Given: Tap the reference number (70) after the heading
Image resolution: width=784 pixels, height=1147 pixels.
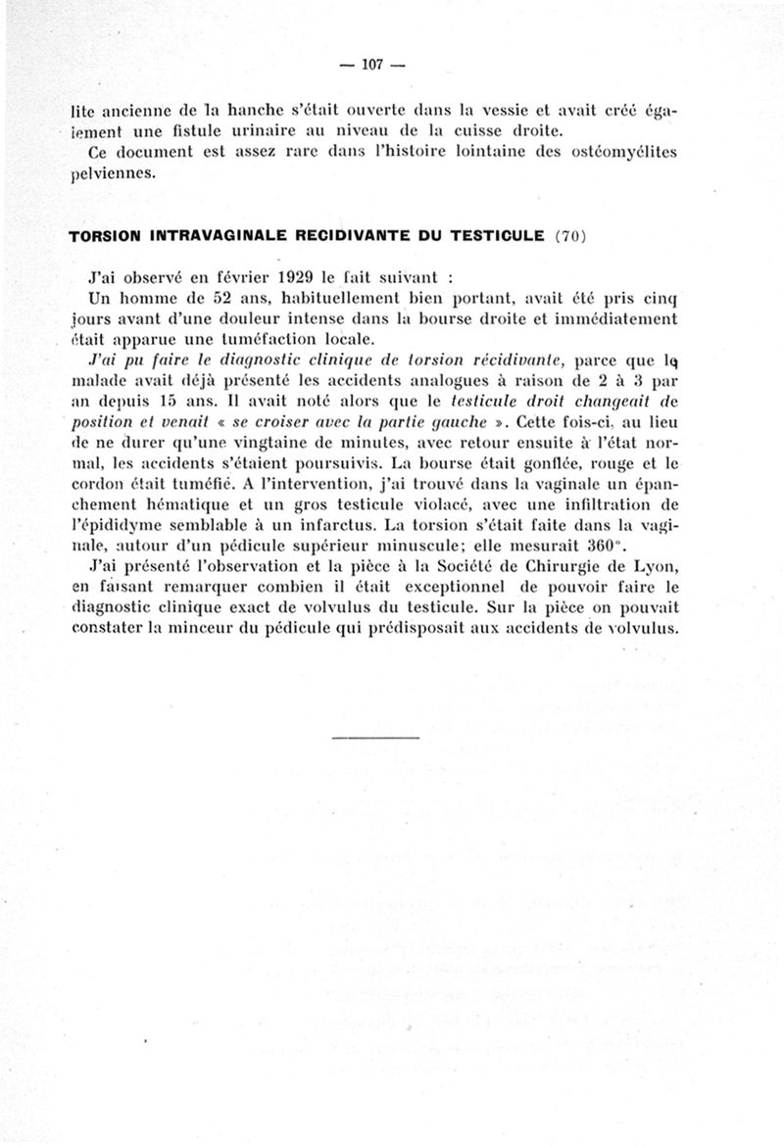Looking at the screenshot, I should [x=570, y=236].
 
